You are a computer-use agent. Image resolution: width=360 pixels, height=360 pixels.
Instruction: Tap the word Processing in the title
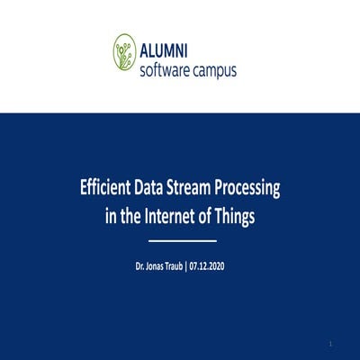click(254, 190)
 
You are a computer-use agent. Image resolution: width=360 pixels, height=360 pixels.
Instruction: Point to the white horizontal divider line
click(181, 241)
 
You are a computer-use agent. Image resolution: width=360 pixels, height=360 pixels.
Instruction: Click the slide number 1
click(330, 344)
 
